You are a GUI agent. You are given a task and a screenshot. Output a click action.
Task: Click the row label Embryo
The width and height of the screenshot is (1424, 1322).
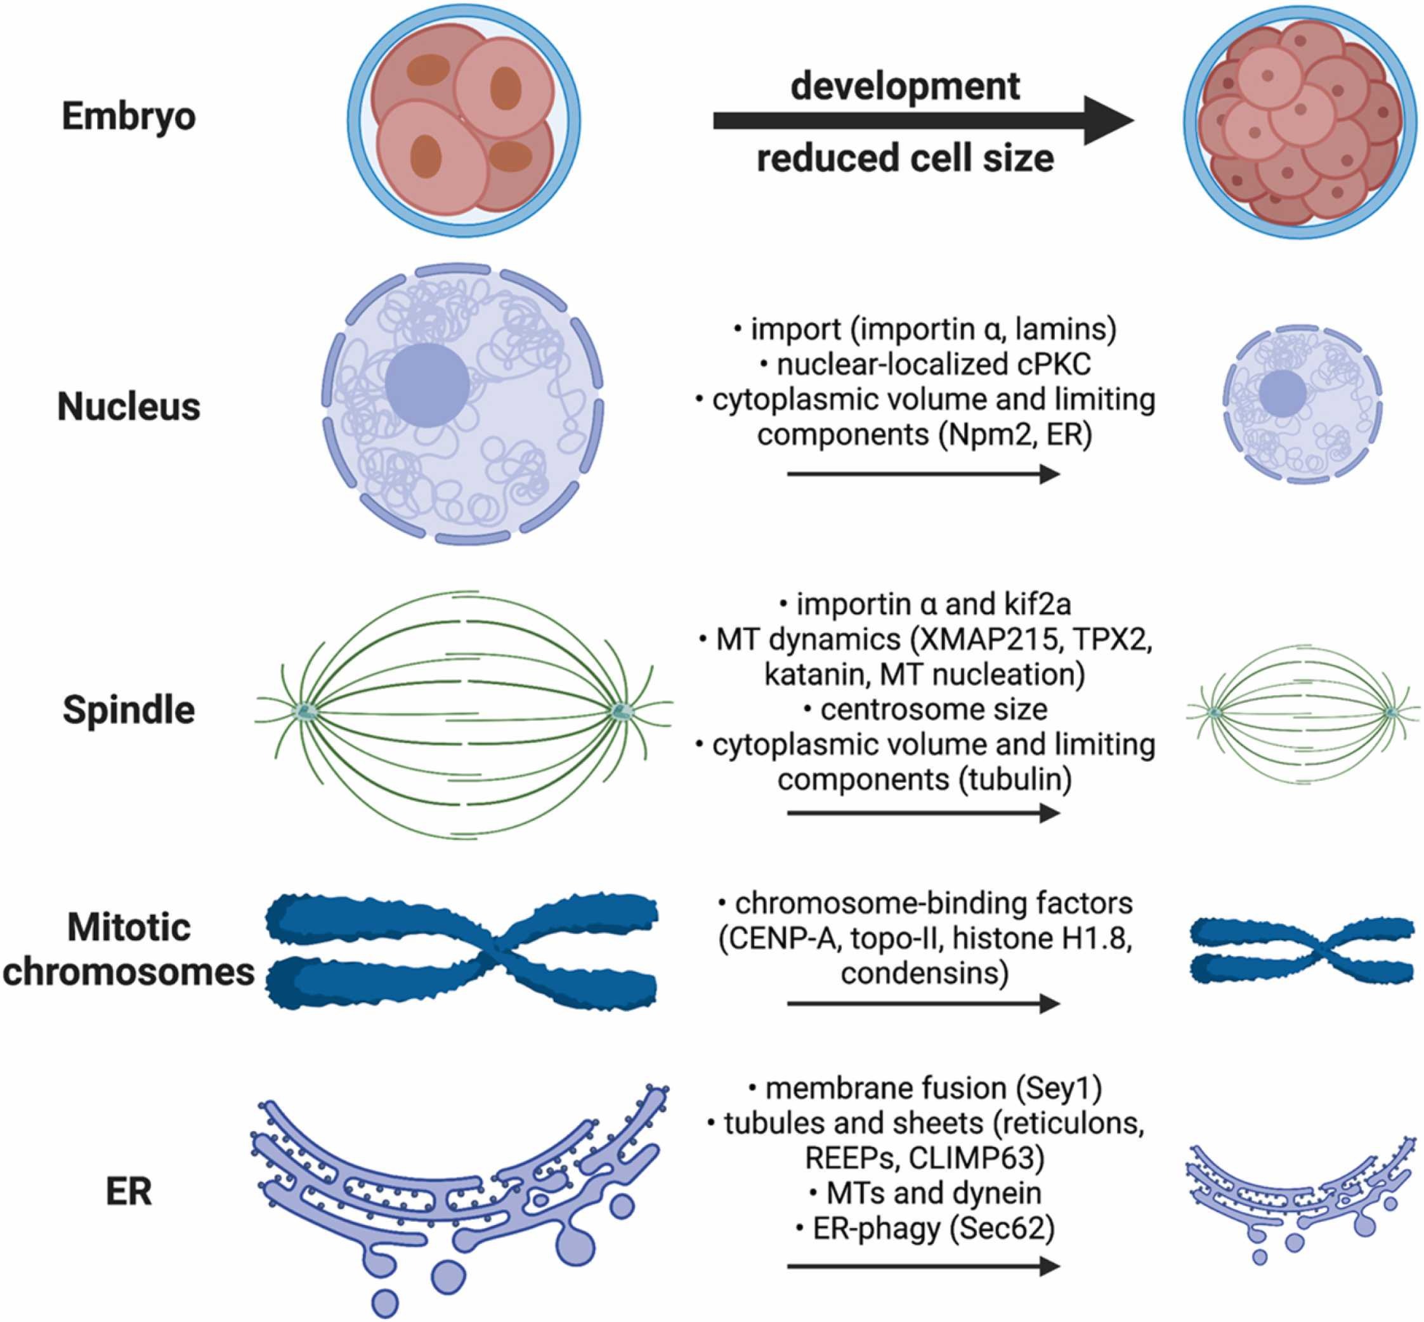pos(129,116)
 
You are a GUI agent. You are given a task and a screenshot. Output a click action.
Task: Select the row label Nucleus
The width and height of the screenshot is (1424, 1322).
pos(129,407)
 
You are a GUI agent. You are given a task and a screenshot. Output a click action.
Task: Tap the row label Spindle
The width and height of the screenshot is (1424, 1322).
pos(129,710)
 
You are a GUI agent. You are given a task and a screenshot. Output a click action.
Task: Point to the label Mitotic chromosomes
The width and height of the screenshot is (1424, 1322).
pos(129,949)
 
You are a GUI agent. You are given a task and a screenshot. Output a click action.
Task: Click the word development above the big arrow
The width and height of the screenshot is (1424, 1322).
pos(905,86)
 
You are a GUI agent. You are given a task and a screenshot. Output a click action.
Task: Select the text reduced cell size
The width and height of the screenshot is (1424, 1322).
pos(905,158)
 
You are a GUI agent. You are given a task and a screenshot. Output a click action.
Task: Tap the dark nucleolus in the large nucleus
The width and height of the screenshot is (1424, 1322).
pos(427,385)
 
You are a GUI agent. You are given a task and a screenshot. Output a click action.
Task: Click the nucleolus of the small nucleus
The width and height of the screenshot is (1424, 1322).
pos(1282,393)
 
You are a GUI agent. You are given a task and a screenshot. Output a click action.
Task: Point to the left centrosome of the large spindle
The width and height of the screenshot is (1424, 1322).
pos(308,711)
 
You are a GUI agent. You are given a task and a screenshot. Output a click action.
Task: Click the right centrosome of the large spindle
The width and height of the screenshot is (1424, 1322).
pos(619,711)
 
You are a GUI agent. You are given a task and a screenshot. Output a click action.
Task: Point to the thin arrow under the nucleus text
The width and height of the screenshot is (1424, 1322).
pos(923,474)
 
